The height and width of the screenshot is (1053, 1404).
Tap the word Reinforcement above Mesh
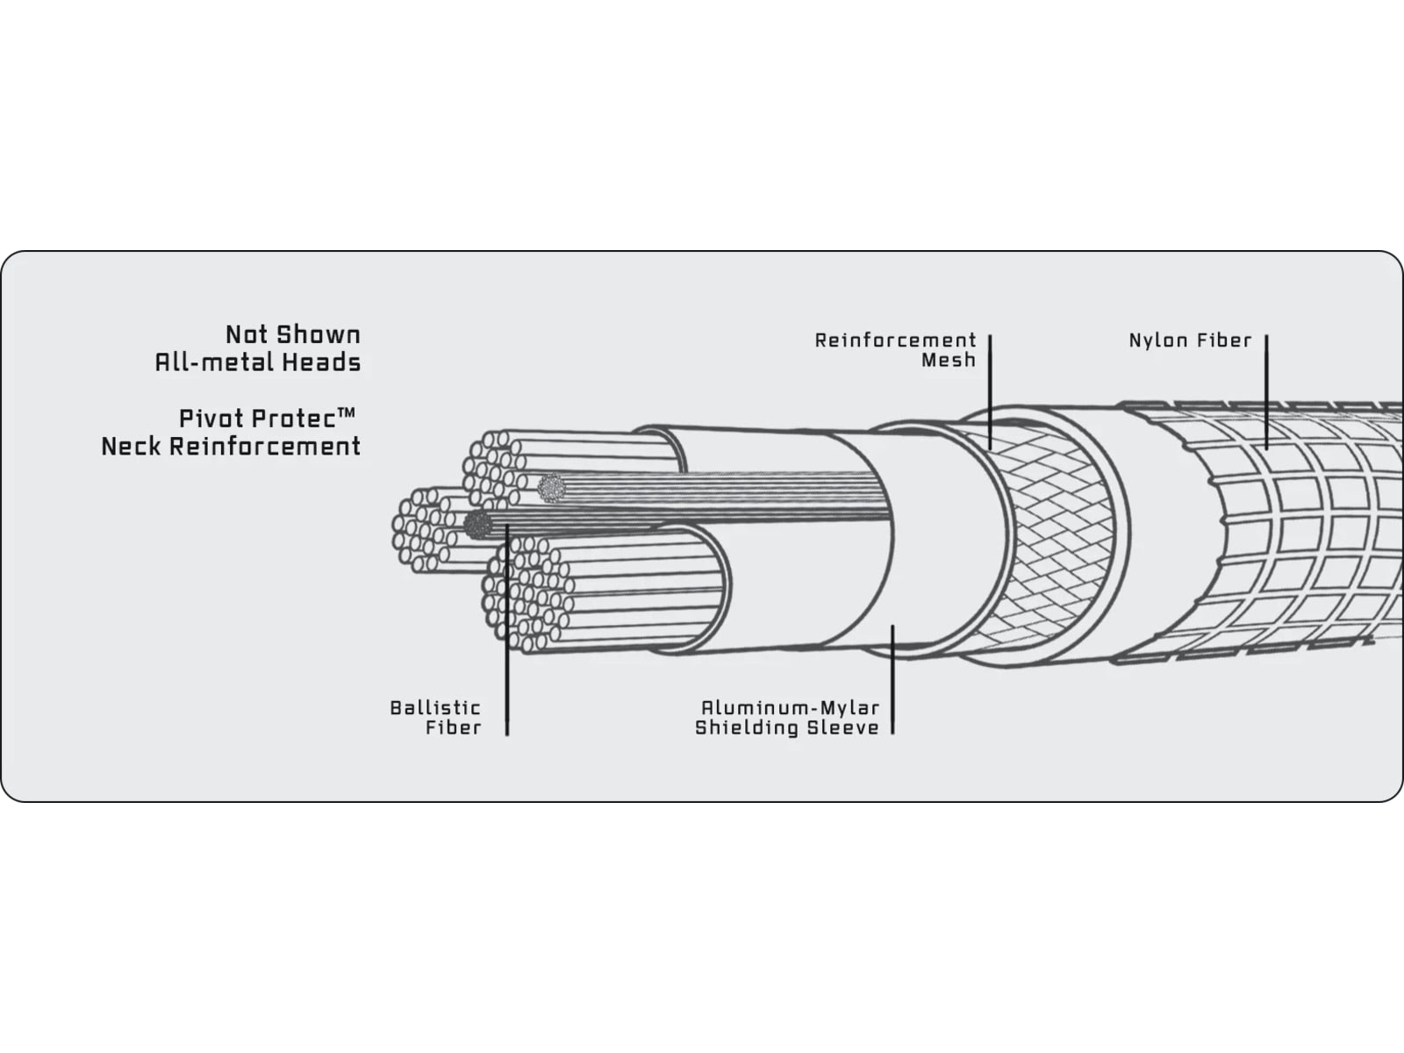(x=896, y=340)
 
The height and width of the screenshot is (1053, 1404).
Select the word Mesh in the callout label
(x=949, y=361)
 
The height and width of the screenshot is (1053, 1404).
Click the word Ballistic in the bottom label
(x=435, y=708)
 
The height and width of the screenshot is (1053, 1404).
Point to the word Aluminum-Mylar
(x=791, y=708)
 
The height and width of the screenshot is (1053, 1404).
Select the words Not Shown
(x=293, y=334)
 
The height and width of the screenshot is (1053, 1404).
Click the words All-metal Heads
(x=258, y=362)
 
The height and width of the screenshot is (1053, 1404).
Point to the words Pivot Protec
(x=258, y=419)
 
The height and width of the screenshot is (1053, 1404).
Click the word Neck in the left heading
(x=132, y=447)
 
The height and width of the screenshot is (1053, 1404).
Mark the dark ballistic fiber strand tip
(x=477, y=524)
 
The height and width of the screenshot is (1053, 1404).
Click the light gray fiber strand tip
(x=551, y=489)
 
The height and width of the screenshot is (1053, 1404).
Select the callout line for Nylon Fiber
(x=1266, y=392)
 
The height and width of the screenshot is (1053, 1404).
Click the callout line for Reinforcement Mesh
(x=990, y=391)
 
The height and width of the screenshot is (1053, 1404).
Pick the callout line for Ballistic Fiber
(x=506, y=630)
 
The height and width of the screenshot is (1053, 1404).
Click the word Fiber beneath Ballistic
(x=454, y=727)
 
